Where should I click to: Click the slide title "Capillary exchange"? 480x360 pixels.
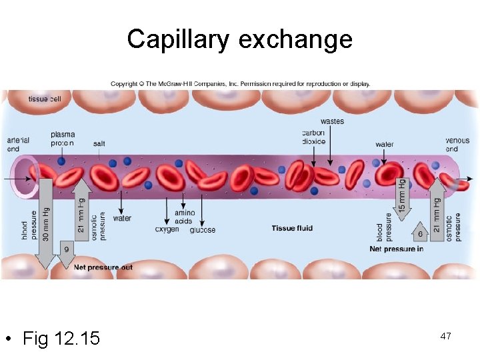click(239, 39)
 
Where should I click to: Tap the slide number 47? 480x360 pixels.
click(445, 336)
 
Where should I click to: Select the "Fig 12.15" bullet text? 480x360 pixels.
click(61, 339)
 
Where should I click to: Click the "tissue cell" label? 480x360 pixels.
click(45, 99)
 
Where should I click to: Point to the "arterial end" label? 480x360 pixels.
click(18, 144)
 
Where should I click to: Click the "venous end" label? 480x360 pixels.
click(457, 145)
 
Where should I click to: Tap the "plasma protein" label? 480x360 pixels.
click(63, 139)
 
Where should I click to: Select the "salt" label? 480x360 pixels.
click(99, 143)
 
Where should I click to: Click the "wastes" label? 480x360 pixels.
click(332, 121)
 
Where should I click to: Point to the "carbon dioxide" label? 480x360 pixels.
click(313, 137)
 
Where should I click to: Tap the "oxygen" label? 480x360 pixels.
click(167, 230)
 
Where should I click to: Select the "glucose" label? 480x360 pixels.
click(202, 230)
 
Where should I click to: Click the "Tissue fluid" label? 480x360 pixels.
click(292, 229)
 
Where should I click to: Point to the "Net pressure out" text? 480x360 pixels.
click(103, 267)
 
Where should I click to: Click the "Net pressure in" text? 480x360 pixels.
click(397, 249)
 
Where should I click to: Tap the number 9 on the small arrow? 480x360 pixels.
click(66, 249)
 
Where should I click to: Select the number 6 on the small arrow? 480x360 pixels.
click(420, 234)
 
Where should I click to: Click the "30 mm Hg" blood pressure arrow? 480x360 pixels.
click(45, 220)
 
